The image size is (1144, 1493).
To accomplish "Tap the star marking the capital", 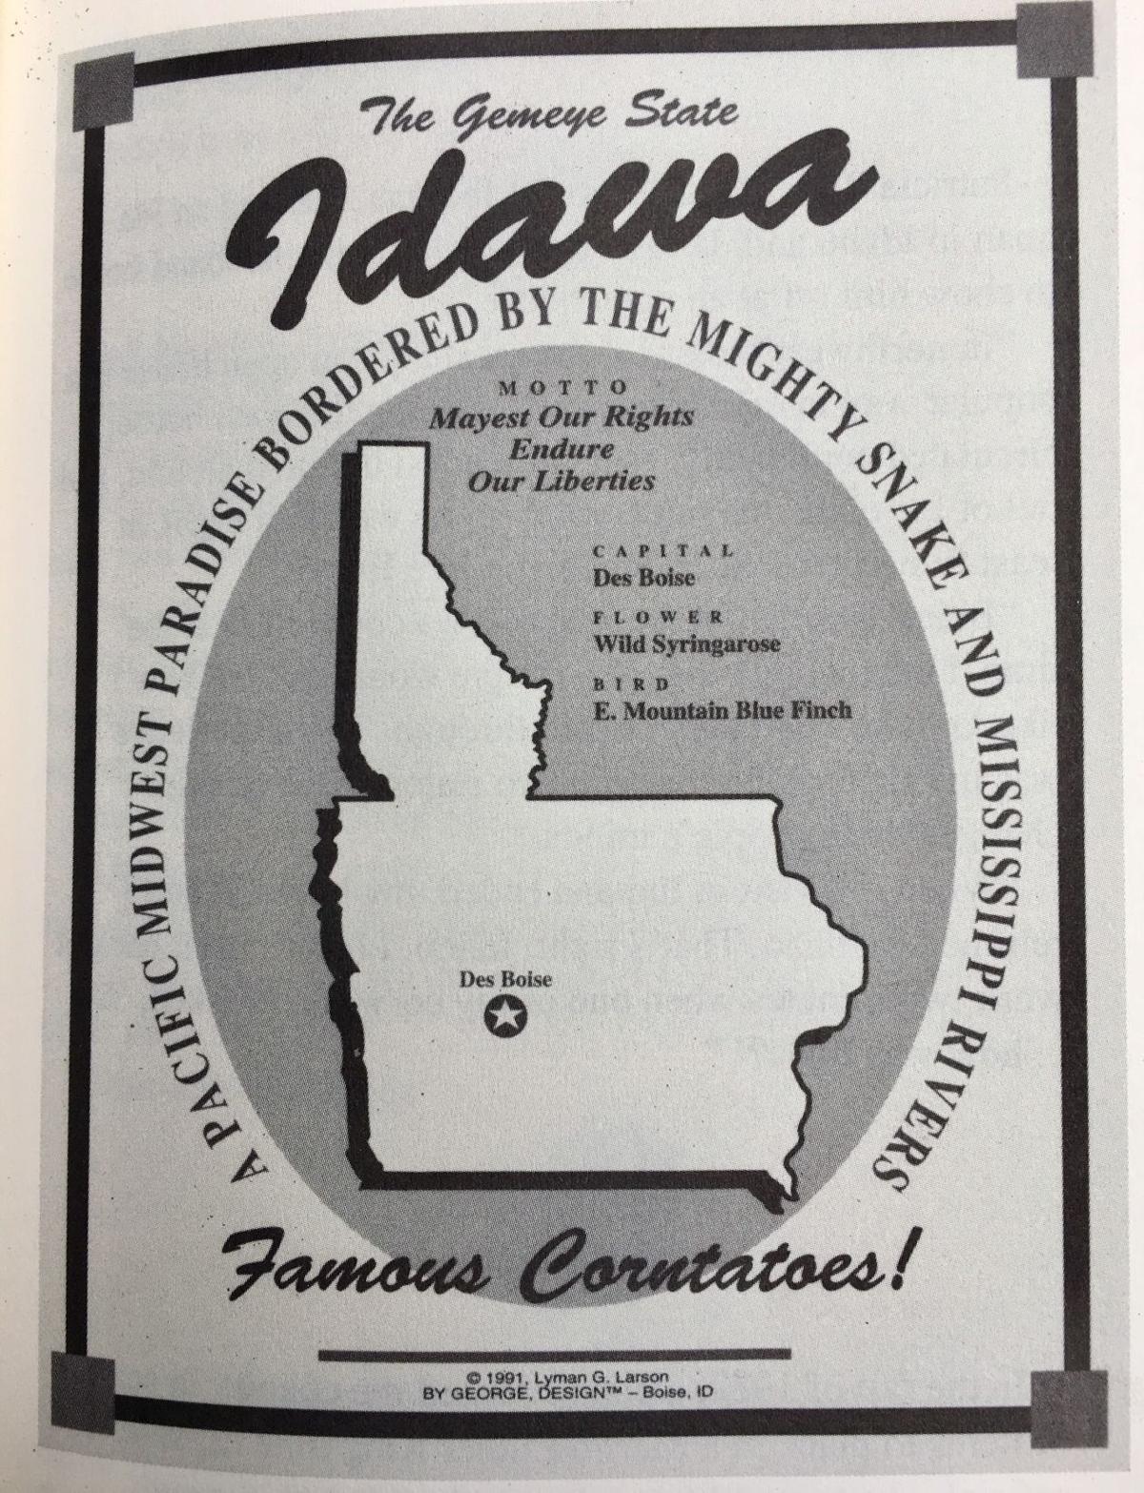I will click(502, 1017).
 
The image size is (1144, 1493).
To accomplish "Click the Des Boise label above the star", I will click(505, 979).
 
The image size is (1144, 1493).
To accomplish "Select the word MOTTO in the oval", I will click(564, 388).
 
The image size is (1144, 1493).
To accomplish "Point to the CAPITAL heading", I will click(664, 551).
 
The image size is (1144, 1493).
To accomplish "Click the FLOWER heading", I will click(659, 618).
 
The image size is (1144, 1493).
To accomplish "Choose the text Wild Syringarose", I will click(686, 644).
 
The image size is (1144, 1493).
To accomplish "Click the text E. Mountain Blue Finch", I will click(723, 711).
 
